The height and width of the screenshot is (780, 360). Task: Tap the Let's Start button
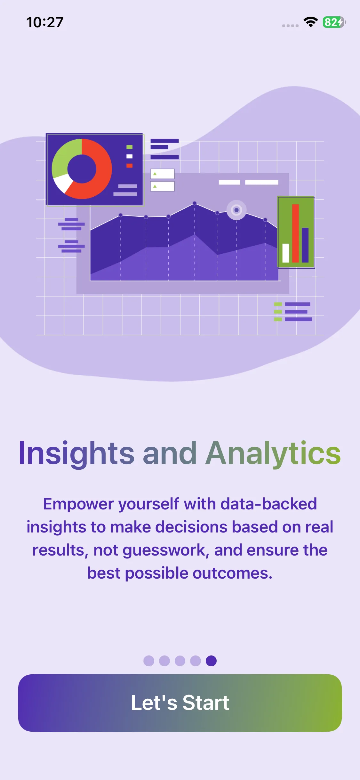click(180, 703)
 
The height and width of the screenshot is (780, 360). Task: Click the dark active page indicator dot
click(211, 661)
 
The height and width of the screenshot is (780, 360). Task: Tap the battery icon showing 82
click(334, 22)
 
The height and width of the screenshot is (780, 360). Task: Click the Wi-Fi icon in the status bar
click(310, 22)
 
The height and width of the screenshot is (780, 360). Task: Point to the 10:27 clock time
click(45, 22)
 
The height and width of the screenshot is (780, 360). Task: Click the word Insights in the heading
click(76, 453)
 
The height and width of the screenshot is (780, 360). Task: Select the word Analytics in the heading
click(273, 453)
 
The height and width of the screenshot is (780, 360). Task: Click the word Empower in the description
click(78, 504)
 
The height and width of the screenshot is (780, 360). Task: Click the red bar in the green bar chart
click(295, 233)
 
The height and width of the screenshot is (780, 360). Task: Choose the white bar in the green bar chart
click(286, 253)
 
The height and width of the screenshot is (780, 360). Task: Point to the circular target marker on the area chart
click(236, 210)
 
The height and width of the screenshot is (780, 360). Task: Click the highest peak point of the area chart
click(195, 203)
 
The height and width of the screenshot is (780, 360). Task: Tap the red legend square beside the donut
click(129, 166)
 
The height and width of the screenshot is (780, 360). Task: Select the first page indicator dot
click(149, 661)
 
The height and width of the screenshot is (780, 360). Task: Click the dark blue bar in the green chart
click(305, 245)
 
